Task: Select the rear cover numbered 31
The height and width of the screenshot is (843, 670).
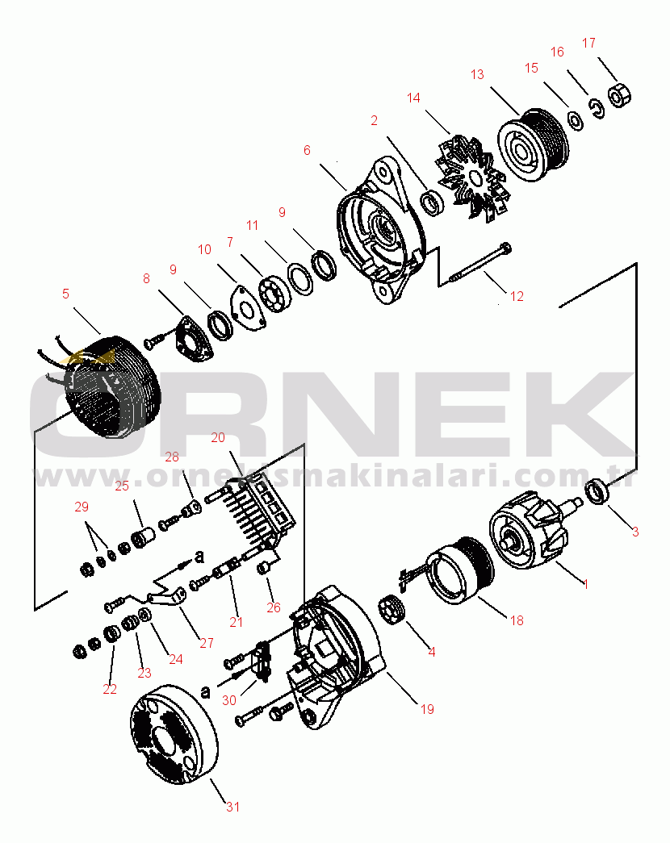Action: point(174,733)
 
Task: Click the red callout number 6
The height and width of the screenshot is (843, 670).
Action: point(307,150)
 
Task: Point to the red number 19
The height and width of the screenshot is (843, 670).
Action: point(427,709)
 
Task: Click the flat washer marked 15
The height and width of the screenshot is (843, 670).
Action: point(576,120)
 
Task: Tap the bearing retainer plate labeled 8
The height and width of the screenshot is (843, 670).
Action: point(193,339)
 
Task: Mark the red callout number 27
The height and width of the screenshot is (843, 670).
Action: point(207,642)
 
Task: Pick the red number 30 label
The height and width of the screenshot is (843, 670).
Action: point(229,700)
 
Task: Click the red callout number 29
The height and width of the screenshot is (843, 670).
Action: point(82,507)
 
